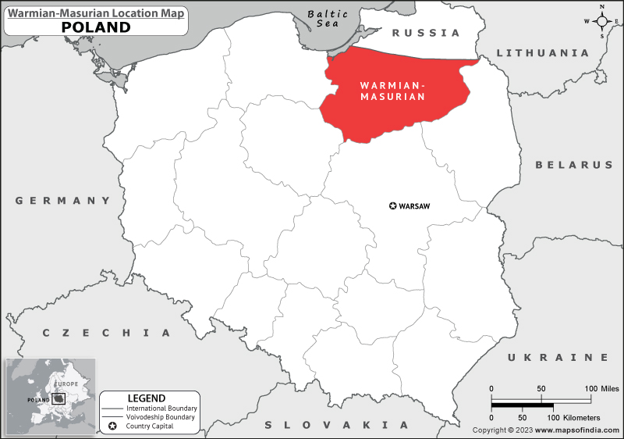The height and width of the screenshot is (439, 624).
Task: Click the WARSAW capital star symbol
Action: tap(392, 206)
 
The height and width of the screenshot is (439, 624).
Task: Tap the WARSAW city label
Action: tap(415, 206)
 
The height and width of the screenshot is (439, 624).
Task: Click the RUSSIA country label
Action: tap(426, 33)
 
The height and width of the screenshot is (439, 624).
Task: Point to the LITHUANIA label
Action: tap(542, 53)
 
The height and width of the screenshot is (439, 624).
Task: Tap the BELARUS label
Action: tap(574, 165)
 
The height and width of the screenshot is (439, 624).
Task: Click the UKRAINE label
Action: tap(558, 357)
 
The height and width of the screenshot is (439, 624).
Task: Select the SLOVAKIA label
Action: tap(336, 425)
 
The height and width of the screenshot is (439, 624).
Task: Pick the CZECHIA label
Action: tap(106, 333)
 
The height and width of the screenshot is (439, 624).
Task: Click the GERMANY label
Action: tap(64, 201)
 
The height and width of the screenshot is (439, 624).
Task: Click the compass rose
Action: tap(602, 21)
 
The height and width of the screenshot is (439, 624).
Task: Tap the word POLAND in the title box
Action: tap(96, 27)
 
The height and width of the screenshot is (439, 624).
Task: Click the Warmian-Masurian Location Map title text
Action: tap(96, 12)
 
